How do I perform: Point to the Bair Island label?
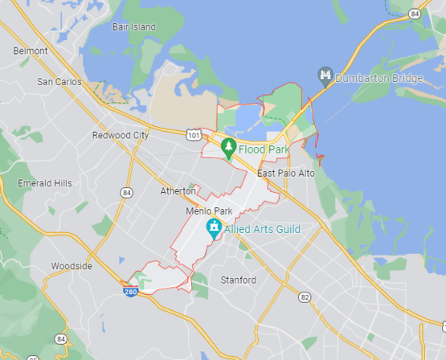pos(133,27)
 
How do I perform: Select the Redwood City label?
pos(121,136)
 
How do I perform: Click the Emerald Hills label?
pos(45,183)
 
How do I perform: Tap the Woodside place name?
pos(72,266)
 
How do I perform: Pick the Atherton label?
pos(178,191)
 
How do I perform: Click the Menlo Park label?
pos(209,211)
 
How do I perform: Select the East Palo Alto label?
pos(286,174)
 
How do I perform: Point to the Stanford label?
pos(238,280)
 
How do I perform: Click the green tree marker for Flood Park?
pos(229,147)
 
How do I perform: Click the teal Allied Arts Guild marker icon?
pos(214,228)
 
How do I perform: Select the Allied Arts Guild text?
pos(262,230)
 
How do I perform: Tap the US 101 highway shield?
pos(193,134)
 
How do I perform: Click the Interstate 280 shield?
pos(130,291)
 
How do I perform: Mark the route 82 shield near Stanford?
pos(305,297)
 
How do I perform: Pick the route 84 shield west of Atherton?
pos(127,193)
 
